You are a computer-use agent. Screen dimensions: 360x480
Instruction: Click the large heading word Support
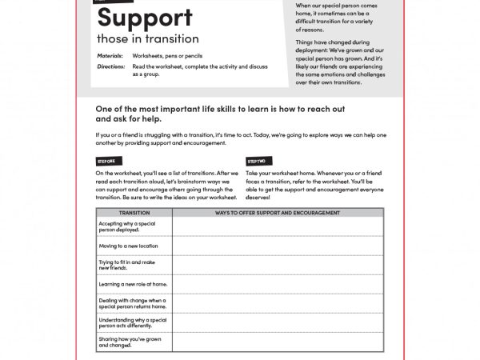pyautogui.click(x=144, y=18)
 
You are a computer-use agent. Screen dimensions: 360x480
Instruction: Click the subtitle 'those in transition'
pyautogui.click(x=148, y=38)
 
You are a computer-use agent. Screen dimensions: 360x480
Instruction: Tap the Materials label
pyautogui.click(x=111, y=57)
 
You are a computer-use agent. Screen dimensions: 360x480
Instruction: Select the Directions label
pyautogui.click(x=111, y=66)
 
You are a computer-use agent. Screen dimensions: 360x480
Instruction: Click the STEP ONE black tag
pyautogui.click(x=106, y=162)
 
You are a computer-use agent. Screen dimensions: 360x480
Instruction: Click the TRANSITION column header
pyautogui.click(x=134, y=213)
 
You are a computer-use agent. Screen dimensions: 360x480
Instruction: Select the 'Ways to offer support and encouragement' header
pyautogui.click(x=278, y=213)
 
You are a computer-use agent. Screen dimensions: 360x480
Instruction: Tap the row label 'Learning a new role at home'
pyautogui.click(x=133, y=283)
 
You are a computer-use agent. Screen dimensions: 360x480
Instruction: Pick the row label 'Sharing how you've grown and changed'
pyautogui.click(x=130, y=342)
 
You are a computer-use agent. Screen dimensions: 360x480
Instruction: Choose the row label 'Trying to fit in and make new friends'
pyautogui.click(x=126, y=265)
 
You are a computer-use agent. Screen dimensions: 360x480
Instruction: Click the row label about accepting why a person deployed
pyautogui.click(x=126, y=226)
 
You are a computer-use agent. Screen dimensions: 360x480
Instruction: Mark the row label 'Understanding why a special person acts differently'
pyautogui.click(x=132, y=322)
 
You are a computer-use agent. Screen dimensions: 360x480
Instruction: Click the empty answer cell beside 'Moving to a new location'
pyautogui.click(x=278, y=246)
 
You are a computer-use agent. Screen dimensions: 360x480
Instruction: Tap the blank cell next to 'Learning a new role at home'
pyautogui.click(x=278, y=283)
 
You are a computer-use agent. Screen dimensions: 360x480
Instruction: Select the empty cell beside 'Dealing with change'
pyautogui.click(x=278, y=302)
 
